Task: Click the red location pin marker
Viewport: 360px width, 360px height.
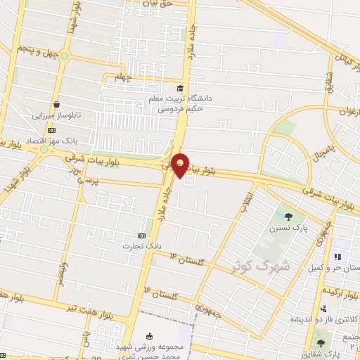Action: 180,165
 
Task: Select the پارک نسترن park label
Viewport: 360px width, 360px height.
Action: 288,229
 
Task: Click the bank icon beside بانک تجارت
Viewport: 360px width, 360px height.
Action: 141,236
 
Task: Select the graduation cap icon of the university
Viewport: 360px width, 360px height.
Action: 180,88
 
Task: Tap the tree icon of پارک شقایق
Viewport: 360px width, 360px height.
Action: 321,344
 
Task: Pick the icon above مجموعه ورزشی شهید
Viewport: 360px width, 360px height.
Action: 149,335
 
